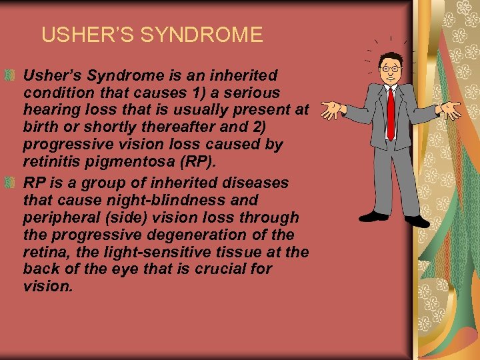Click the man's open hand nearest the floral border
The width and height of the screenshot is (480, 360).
coord(451,110)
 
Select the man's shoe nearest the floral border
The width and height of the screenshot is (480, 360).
coord(417,220)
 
